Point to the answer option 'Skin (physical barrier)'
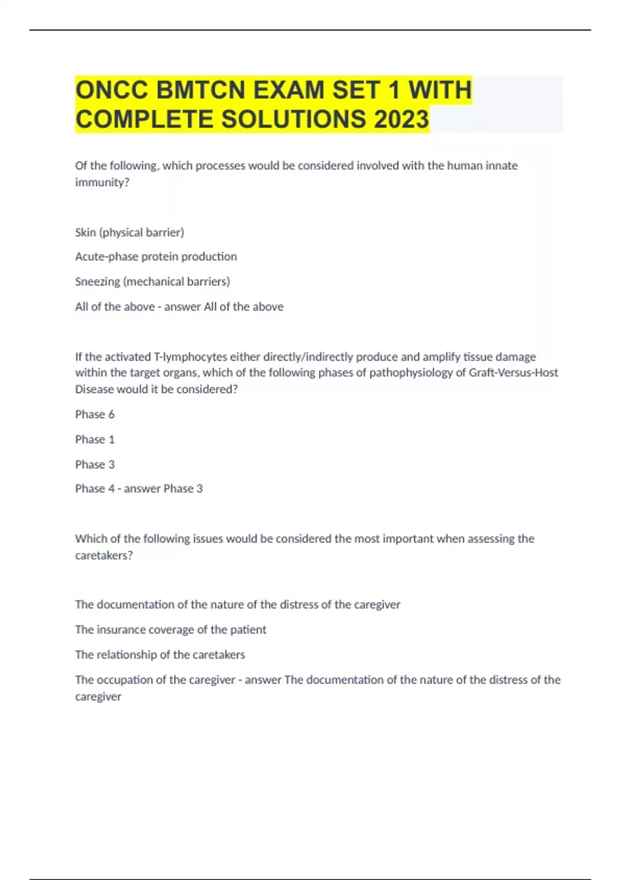click(x=129, y=232)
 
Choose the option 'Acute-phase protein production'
click(x=156, y=257)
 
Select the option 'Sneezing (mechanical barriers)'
click(x=152, y=282)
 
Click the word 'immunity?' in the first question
click(x=102, y=182)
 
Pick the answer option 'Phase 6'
click(x=95, y=414)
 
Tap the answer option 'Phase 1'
click(x=95, y=439)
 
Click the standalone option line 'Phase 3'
click(x=95, y=464)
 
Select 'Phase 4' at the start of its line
click(x=95, y=489)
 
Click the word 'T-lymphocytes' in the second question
click(x=190, y=357)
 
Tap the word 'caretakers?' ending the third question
click(x=103, y=555)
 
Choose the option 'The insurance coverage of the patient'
click(x=170, y=630)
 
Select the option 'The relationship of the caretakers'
click(x=160, y=655)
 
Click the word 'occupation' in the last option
click(x=124, y=680)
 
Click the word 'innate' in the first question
click(x=501, y=166)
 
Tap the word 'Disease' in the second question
click(x=94, y=389)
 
